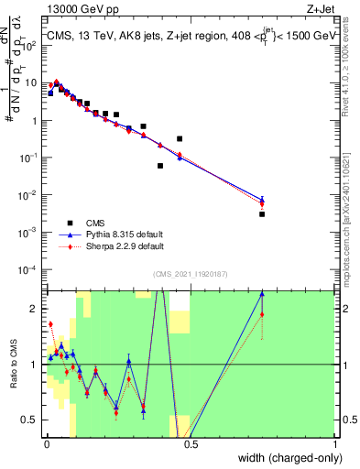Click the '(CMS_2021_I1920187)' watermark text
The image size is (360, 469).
pyautogui.click(x=190, y=274)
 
